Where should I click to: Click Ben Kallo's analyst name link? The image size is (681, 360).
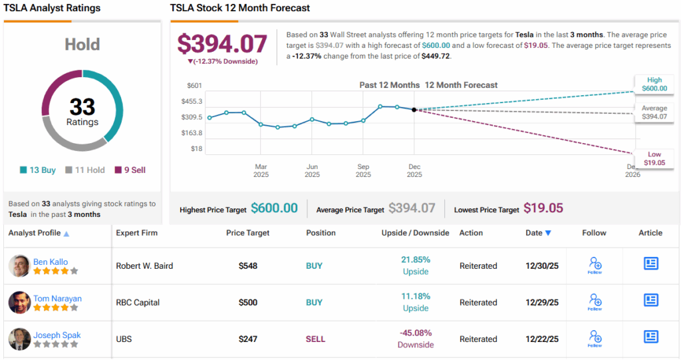tap(51, 262)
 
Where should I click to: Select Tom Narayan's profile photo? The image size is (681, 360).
tap(19, 302)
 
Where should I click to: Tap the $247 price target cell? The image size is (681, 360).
tap(248, 339)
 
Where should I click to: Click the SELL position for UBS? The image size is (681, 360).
tap(315, 339)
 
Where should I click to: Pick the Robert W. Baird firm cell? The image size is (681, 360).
tap(144, 266)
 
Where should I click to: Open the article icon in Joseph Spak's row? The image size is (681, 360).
tap(650, 337)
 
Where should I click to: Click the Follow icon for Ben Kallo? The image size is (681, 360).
tap(595, 265)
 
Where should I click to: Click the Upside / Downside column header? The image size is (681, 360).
tap(415, 233)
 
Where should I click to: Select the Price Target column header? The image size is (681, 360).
tap(248, 233)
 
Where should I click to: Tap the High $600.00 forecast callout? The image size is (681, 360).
tap(654, 84)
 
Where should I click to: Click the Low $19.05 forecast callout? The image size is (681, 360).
tap(654, 158)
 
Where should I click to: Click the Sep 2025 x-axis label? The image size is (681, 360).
tap(363, 170)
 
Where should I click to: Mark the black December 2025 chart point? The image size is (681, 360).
tap(414, 110)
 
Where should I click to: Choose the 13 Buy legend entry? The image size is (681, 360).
tap(38, 170)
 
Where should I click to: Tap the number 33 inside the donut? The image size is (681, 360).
tap(82, 107)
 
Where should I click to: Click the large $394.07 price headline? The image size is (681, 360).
tap(222, 44)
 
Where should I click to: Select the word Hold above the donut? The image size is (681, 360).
tap(82, 45)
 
